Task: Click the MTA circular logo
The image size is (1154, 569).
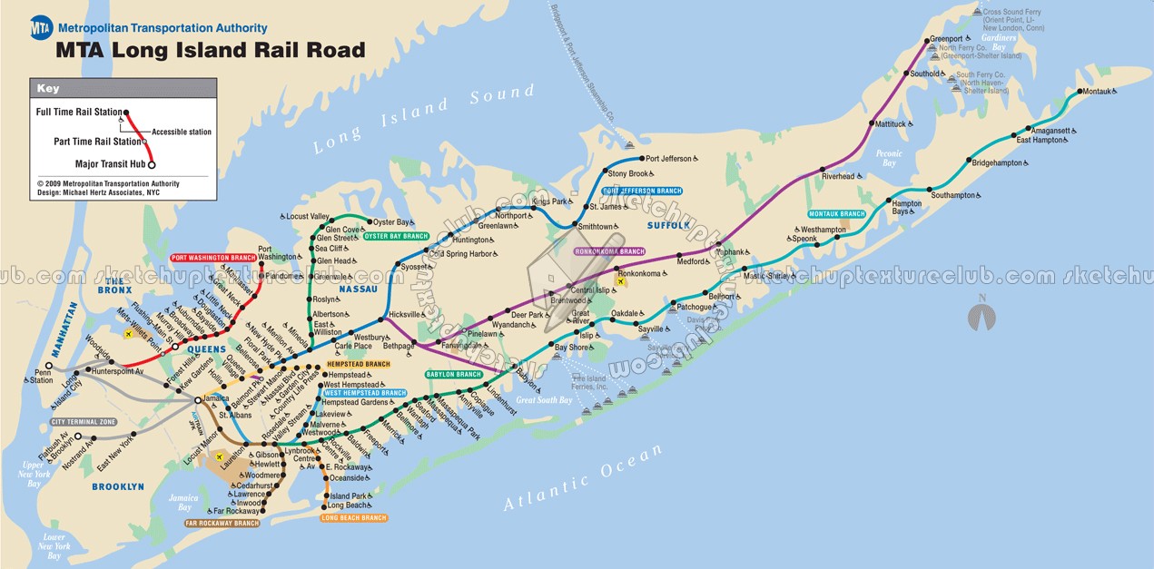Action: pyautogui.click(x=42, y=28)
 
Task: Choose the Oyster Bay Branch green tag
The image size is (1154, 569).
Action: pyautogui.click(x=396, y=236)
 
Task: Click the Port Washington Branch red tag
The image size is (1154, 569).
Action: pyautogui.click(x=213, y=258)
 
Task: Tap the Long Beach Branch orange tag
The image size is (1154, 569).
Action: pyautogui.click(x=354, y=518)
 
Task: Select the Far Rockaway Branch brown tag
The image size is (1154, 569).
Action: pyautogui.click(x=222, y=524)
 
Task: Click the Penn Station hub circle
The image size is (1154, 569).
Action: pyautogui.click(x=49, y=366)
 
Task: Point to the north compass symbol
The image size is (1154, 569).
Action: pyautogui.click(x=981, y=316)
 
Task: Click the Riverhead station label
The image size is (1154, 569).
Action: pyautogui.click(x=837, y=177)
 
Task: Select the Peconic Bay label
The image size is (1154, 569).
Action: pyautogui.click(x=889, y=159)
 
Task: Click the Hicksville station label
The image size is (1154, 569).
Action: pyautogui.click(x=405, y=315)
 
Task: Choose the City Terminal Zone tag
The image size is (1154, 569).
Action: pyautogui.click(x=84, y=422)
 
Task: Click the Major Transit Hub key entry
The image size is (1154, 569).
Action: pyautogui.click(x=111, y=164)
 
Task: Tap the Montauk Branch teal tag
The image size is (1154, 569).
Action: pyautogui.click(x=837, y=214)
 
